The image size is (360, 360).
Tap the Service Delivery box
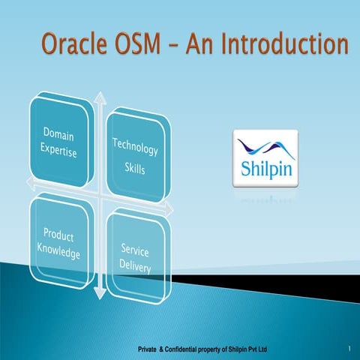click(x=135, y=255)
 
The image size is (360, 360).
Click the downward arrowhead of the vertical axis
click(x=99, y=298)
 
